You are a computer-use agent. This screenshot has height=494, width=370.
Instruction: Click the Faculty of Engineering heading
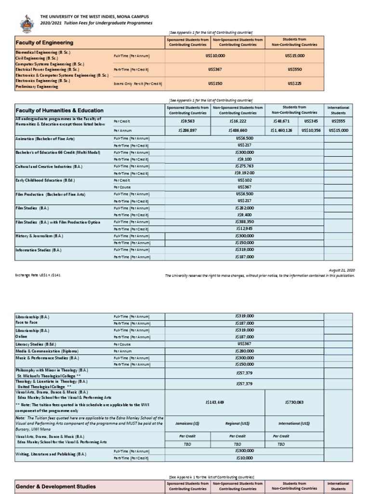coord(45,42)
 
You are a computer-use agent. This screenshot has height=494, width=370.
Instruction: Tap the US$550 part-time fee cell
coord(294,69)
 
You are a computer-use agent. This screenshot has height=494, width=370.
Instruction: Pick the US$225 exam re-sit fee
coord(294,83)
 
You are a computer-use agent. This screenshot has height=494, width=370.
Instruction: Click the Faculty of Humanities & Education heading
coord(59,110)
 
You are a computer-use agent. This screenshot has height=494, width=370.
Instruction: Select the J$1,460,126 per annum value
coord(280,130)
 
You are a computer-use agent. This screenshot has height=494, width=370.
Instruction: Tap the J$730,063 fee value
coord(294,402)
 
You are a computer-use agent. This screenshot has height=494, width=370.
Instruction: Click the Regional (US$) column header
coord(237,423)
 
